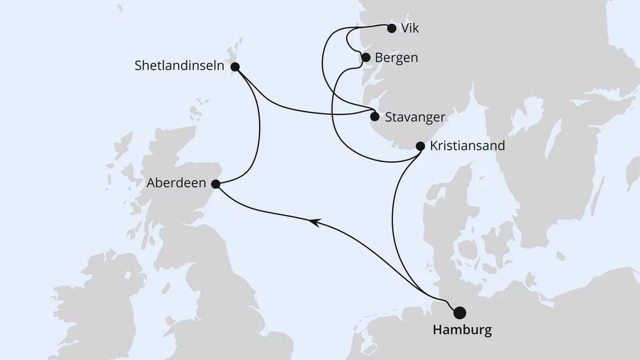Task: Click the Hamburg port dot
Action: [x=459, y=312]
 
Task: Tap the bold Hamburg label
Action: [x=462, y=331]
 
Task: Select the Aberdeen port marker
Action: [x=215, y=184]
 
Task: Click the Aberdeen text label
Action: [x=177, y=183]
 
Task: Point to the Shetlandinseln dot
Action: [x=235, y=67]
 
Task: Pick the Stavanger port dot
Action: [x=375, y=116]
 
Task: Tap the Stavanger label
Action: [x=415, y=117]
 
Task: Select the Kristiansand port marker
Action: [x=420, y=146]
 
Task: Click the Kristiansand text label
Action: [x=467, y=146]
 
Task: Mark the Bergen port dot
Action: [x=366, y=57]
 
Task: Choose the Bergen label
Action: [x=396, y=58]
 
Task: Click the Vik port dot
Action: [x=391, y=28]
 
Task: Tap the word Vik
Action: [x=410, y=28]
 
